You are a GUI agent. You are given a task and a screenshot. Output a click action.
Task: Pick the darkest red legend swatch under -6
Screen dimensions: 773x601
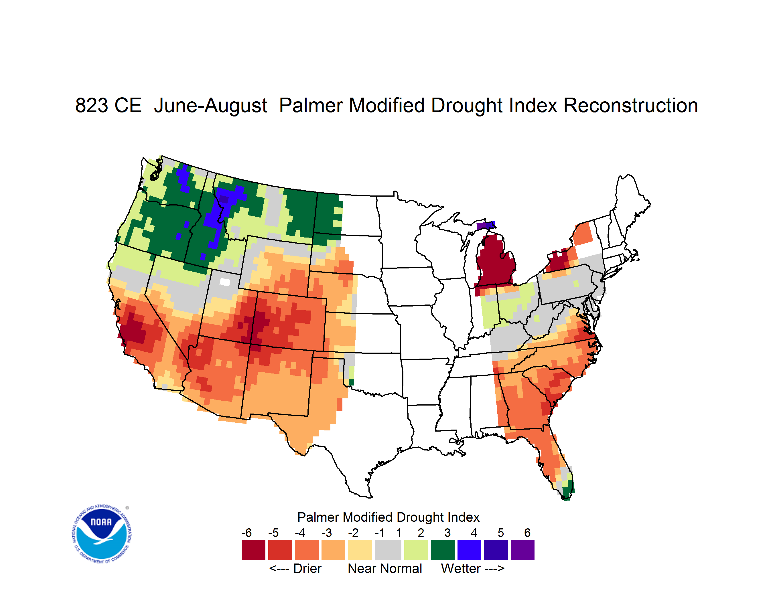click(x=253, y=550)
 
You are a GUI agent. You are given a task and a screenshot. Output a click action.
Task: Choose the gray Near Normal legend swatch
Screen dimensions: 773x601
click(x=388, y=550)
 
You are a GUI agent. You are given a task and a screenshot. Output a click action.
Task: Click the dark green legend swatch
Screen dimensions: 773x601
click(x=442, y=550)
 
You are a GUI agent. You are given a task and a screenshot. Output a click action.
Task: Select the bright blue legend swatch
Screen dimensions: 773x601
click(x=469, y=550)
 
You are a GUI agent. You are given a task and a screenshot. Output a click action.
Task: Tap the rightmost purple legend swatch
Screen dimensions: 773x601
click(x=522, y=550)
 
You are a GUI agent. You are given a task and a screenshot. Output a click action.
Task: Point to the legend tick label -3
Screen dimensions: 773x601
click(x=327, y=533)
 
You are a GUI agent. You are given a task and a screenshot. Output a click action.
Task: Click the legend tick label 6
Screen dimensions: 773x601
click(x=527, y=533)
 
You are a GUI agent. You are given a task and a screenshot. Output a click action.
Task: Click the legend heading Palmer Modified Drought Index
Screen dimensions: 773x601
click(x=388, y=517)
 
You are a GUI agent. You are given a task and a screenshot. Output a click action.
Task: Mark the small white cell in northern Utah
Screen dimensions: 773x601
click(x=225, y=282)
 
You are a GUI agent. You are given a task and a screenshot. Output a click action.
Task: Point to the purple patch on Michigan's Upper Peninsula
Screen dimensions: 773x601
click(x=486, y=225)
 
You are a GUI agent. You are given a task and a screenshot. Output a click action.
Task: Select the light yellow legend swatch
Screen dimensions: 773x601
click(x=360, y=550)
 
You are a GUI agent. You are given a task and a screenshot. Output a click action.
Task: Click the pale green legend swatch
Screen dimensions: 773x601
click(x=416, y=550)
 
